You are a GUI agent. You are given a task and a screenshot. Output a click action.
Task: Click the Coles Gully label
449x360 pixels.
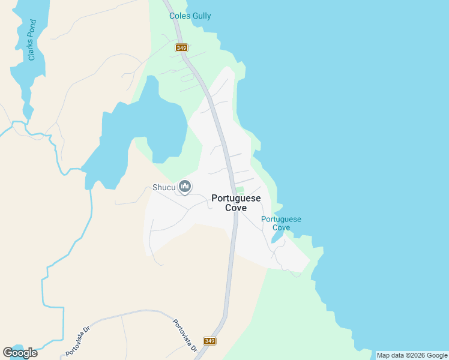[x=190, y=16]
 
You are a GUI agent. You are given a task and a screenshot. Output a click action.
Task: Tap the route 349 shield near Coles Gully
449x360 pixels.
[x=181, y=47]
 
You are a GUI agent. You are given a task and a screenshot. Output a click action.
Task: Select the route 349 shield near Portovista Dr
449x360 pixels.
[x=209, y=341]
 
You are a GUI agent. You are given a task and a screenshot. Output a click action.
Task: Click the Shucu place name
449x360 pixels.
[x=163, y=188]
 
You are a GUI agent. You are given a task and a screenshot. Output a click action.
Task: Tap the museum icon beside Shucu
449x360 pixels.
[x=185, y=188]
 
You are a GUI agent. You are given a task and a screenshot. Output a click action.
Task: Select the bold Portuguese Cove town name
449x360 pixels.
[x=236, y=203]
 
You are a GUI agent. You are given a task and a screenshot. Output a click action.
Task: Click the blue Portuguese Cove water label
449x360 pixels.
[x=281, y=223]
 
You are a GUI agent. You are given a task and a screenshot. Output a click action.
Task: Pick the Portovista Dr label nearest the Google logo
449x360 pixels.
[x=77, y=340]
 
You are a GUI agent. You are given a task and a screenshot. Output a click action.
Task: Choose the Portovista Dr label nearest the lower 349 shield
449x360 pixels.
[x=184, y=335]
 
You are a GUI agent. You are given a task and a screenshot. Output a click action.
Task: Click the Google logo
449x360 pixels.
[x=20, y=353]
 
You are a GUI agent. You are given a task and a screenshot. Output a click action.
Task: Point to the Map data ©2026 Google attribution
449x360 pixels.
[x=412, y=355]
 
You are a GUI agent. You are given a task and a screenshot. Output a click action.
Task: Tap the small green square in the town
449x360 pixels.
[x=240, y=190]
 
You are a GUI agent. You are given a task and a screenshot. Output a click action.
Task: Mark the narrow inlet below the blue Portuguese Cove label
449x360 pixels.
[x=278, y=236]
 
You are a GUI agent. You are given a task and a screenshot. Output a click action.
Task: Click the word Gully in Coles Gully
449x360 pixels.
[x=200, y=16]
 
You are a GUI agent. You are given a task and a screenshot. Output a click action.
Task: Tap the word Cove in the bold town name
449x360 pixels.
[x=236, y=208]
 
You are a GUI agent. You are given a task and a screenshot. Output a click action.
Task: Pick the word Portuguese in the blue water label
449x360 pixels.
[x=281, y=219]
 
